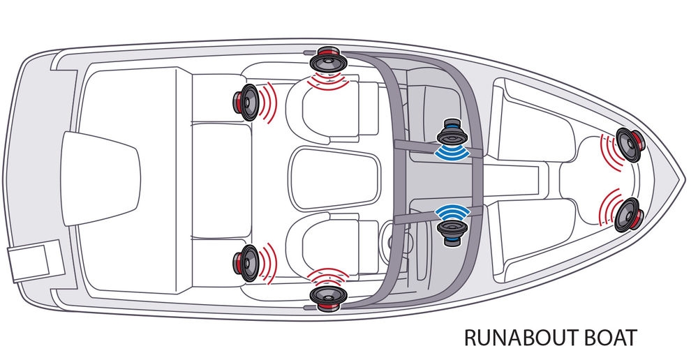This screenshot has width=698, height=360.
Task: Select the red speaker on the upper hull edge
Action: click(327, 59)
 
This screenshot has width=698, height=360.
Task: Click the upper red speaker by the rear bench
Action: click(246, 102)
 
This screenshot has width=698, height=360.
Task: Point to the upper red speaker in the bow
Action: click(628, 145)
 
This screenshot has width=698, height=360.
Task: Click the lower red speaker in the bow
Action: click(628, 214)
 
